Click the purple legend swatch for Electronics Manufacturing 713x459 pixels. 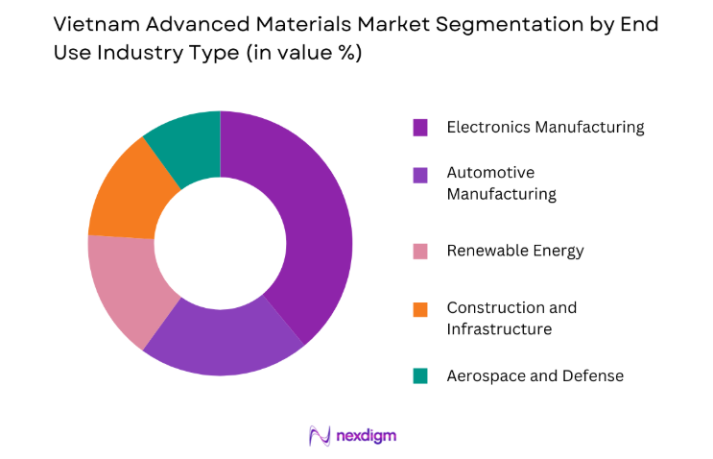[x=420, y=127]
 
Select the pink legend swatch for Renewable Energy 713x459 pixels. [x=420, y=252]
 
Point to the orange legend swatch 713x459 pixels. [x=420, y=308]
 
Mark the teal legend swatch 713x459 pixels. [x=420, y=376]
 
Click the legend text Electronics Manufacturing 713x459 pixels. [x=545, y=127]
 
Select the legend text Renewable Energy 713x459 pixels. [x=514, y=252]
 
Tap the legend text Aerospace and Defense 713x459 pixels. [x=535, y=376]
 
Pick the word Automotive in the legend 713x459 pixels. [x=490, y=173]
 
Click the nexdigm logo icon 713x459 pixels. [x=320, y=435]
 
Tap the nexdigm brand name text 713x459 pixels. [x=367, y=436]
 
